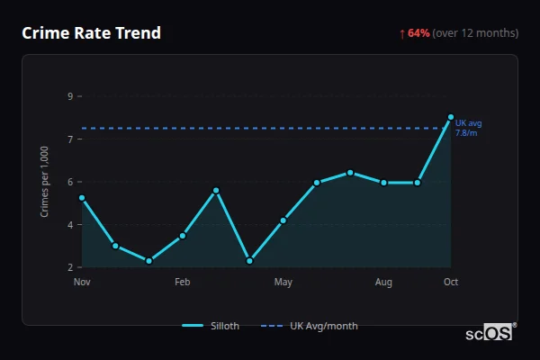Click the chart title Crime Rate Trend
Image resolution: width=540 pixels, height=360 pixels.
tap(91, 33)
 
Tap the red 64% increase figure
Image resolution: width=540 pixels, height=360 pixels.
tap(418, 33)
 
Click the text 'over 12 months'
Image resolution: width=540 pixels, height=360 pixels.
tap(476, 33)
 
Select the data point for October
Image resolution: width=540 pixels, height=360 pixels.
tap(451, 117)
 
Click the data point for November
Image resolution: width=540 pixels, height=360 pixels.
tap(82, 198)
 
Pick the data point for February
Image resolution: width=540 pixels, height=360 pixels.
tap(183, 236)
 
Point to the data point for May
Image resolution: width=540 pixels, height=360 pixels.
tap(283, 220)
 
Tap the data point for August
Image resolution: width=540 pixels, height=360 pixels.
tap(383, 183)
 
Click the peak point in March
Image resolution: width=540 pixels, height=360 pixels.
tap(216, 191)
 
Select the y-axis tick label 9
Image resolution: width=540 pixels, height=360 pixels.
tap(70, 96)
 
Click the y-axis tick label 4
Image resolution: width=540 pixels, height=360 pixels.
tap(70, 225)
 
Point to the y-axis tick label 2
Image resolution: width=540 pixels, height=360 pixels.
tap(70, 267)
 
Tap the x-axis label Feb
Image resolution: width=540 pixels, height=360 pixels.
tap(183, 283)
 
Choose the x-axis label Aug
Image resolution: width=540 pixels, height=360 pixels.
tap(383, 283)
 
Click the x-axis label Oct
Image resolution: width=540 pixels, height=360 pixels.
tap(451, 283)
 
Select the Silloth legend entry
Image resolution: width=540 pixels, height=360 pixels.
tap(211, 326)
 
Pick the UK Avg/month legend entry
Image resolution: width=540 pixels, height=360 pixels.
tap(310, 326)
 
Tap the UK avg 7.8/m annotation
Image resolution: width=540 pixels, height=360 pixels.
tap(468, 128)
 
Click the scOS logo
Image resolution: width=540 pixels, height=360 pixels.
tap(490, 333)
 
